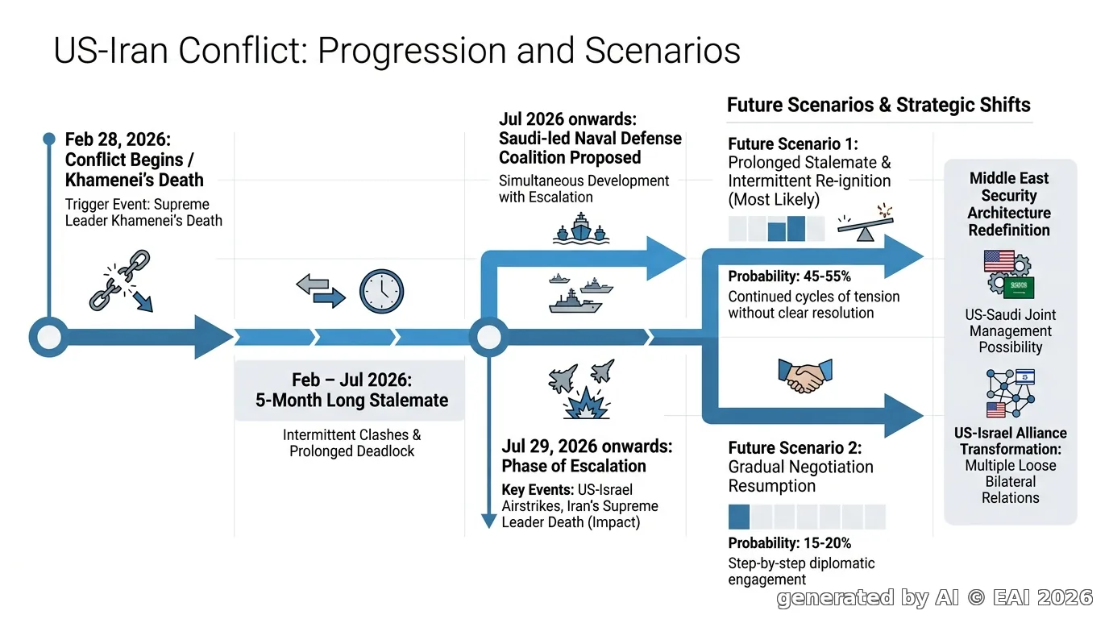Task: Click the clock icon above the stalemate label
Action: coord(381,291)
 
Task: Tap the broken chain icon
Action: coord(121,280)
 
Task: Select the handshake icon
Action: coord(805,376)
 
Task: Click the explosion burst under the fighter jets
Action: coord(587,404)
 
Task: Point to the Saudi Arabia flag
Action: coord(1019,287)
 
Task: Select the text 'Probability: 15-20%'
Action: coord(789,543)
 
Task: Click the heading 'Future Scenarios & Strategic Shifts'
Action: coord(878,105)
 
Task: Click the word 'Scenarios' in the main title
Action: coord(662,50)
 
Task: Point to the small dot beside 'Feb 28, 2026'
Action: coord(49,139)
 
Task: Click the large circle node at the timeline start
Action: coord(49,337)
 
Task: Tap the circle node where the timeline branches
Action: coord(488,337)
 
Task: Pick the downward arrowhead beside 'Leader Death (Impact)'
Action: coord(488,521)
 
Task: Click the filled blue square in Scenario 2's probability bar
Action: coord(739,517)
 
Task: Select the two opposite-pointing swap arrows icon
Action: coord(321,291)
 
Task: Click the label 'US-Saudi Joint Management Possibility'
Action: coord(1010,330)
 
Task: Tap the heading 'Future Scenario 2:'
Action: coord(795,447)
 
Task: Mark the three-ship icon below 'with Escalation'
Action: coord(580,228)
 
